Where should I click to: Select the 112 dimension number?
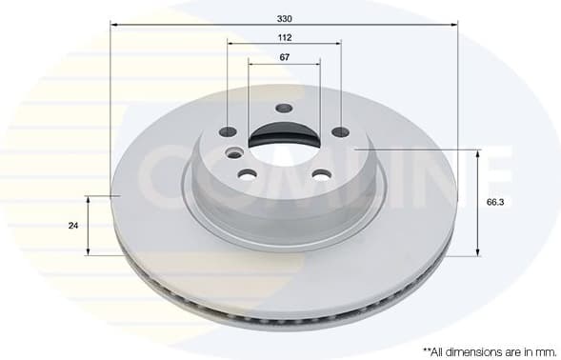(285, 37)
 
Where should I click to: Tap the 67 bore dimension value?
(285, 57)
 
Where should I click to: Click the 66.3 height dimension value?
(495, 203)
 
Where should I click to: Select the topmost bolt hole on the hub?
(283, 108)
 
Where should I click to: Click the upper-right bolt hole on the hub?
(340, 131)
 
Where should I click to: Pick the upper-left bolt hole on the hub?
(229, 132)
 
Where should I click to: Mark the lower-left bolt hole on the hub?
(247, 174)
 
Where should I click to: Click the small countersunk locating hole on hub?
(234, 152)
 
